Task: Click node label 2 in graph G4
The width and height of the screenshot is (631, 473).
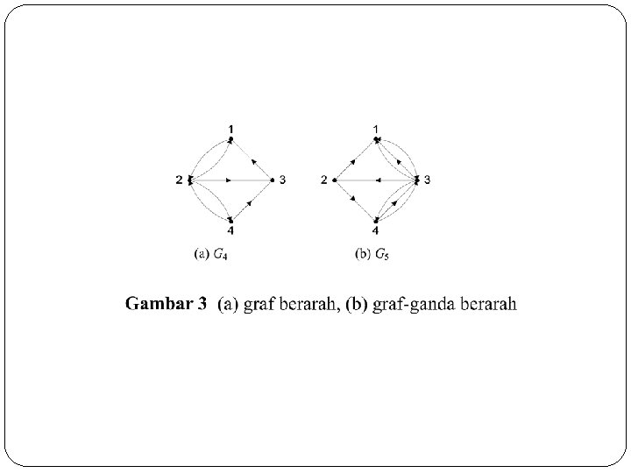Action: [x=178, y=180]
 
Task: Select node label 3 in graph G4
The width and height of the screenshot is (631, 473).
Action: [x=283, y=180]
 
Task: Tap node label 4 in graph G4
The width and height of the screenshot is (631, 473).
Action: [x=230, y=231]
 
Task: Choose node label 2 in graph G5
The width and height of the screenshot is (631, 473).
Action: [x=323, y=180]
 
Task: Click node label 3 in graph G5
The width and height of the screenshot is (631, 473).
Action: [x=428, y=180]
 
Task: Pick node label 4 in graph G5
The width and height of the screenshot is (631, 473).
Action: [x=375, y=231]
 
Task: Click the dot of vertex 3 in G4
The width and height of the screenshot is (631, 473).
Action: [x=273, y=180]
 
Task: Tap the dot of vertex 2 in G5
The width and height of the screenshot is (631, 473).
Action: [x=335, y=180]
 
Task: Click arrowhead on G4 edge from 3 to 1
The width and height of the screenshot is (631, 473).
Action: [x=252, y=160]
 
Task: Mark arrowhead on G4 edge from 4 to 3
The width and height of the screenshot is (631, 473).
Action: [x=251, y=201]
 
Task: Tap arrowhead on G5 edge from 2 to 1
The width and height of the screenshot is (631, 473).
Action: [x=353, y=161]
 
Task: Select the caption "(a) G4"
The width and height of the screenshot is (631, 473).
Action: [x=212, y=255]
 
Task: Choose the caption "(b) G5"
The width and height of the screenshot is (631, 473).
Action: [x=372, y=255]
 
